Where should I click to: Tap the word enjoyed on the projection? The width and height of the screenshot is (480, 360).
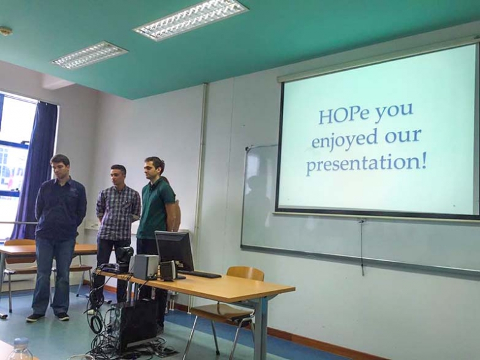(x=344, y=139)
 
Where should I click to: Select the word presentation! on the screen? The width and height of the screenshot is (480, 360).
(x=366, y=164)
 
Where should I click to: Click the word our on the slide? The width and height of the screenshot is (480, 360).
(x=403, y=136)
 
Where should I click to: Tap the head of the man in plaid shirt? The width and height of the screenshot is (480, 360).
(x=118, y=175)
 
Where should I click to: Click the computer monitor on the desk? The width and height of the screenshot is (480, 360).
(x=174, y=251)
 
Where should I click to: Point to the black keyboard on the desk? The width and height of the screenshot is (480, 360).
(x=199, y=274)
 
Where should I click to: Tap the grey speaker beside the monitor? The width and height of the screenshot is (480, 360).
(x=146, y=266)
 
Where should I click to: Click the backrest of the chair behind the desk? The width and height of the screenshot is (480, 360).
(x=245, y=273)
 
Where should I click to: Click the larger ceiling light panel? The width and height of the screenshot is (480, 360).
(x=191, y=19)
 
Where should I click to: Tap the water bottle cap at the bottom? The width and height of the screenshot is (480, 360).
(x=21, y=342)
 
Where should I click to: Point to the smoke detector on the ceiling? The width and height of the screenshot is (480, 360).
(x=6, y=31)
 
